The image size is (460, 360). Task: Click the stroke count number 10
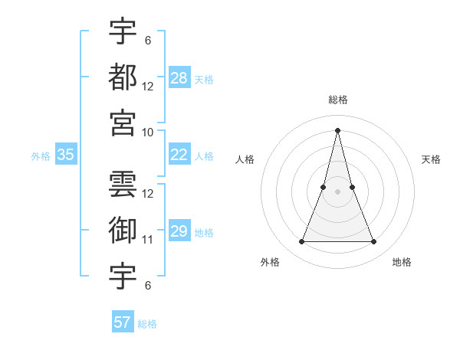point(148,132)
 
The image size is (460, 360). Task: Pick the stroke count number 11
point(148,239)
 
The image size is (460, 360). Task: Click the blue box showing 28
point(179,78)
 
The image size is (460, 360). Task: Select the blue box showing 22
point(179,155)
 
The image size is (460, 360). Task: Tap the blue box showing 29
point(179,231)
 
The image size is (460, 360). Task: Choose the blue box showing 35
point(65,155)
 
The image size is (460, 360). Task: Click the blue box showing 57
point(123,322)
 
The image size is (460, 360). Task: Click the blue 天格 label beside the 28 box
point(204,79)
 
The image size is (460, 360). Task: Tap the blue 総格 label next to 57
point(147,323)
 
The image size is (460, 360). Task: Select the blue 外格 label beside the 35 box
point(41,155)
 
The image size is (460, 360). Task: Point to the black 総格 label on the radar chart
point(337,100)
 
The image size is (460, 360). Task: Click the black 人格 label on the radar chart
point(245,159)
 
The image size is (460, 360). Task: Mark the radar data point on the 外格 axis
point(301,242)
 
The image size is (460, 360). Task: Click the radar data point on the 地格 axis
point(374,242)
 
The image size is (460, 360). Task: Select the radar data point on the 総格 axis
point(337,129)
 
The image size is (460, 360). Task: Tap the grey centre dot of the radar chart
point(337,191)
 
